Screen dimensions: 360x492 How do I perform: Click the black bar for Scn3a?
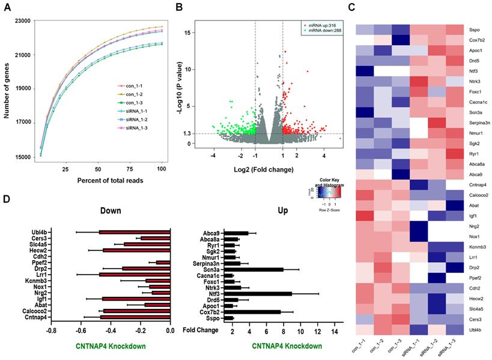point(254,269)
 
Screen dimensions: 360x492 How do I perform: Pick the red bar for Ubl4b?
point(135,231)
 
